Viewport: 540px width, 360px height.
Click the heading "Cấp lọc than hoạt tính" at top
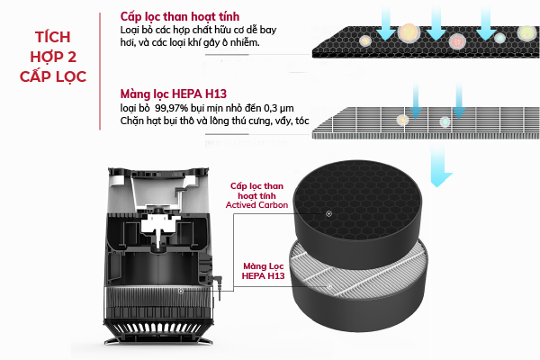(179, 16)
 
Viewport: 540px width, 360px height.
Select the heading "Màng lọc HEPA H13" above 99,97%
(173, 94)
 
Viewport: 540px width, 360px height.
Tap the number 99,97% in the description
(171, 108)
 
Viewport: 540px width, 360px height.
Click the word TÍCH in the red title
(53, 37)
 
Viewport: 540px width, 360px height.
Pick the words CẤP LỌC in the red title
(53, 76)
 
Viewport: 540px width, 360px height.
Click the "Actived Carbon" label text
(256, 205)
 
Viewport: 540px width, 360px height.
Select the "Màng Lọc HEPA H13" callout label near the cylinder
(264, 271)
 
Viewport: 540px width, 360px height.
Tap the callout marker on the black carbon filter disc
(328, 214)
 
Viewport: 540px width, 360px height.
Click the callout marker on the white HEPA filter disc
(329, 286)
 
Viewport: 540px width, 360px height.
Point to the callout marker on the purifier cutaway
(181, 292)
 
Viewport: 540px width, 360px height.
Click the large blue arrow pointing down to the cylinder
(439, 166)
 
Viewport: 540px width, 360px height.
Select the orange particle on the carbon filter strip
(409, 32)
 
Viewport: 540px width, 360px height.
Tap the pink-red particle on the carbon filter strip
(457, 41)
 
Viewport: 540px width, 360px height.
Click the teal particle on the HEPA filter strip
(445, 121)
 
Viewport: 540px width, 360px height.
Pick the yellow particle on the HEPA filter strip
(402, 121)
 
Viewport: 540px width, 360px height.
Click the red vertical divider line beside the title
(100, 71)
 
